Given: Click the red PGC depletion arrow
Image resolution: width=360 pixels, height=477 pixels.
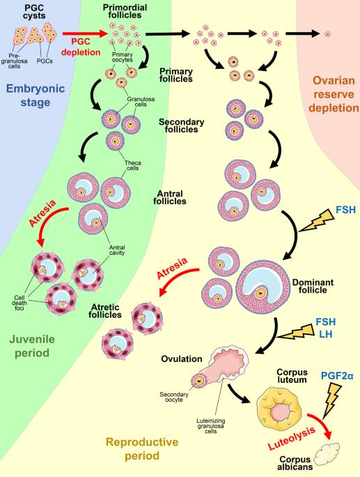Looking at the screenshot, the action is (x=85, y=33).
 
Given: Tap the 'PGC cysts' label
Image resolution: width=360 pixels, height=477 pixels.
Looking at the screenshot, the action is (x=34, y=12).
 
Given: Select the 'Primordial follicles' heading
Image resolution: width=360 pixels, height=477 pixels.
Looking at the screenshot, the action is (x=125, y=11).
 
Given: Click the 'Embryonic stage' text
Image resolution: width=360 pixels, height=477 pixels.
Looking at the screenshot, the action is (x=36, y=95).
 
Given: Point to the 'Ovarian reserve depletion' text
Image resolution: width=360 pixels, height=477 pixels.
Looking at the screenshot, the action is (x=334, y=94).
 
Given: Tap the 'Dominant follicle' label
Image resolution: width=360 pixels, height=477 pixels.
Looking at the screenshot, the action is (x=313, y=286).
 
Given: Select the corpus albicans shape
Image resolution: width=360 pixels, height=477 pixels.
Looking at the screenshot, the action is (x=327, y=454).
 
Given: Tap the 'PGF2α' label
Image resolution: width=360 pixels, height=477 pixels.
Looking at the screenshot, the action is (x=337, y=376).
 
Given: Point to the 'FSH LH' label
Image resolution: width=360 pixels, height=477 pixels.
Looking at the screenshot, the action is (x=326, y=328).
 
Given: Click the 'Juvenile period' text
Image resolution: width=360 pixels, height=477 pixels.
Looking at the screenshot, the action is (x=32, y=346).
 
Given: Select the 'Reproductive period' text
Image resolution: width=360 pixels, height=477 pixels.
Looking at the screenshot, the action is (x=142, y=448).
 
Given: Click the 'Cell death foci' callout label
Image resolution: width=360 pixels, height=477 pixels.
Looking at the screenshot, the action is (x=19, y=303).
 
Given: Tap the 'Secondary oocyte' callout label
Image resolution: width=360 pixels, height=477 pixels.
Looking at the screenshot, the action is (x=174, y=397).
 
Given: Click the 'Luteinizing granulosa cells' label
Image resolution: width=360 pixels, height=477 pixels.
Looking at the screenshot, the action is (x=211, y=426).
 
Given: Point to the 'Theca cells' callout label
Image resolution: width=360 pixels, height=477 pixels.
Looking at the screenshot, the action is (x=133, y=166).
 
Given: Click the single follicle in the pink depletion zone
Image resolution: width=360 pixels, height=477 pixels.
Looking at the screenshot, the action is (x=327, y=34).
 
